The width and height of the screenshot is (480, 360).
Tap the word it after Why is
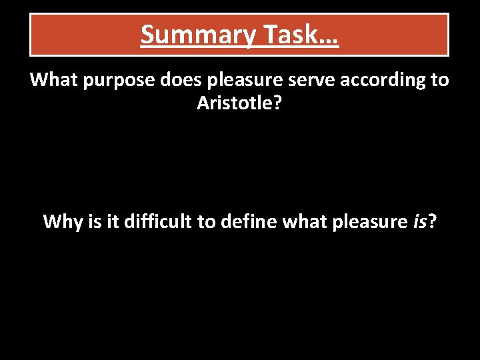(x=113, y=221)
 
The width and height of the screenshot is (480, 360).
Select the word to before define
(x=206, y=221)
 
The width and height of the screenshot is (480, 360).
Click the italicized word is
(x=420, y=221)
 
